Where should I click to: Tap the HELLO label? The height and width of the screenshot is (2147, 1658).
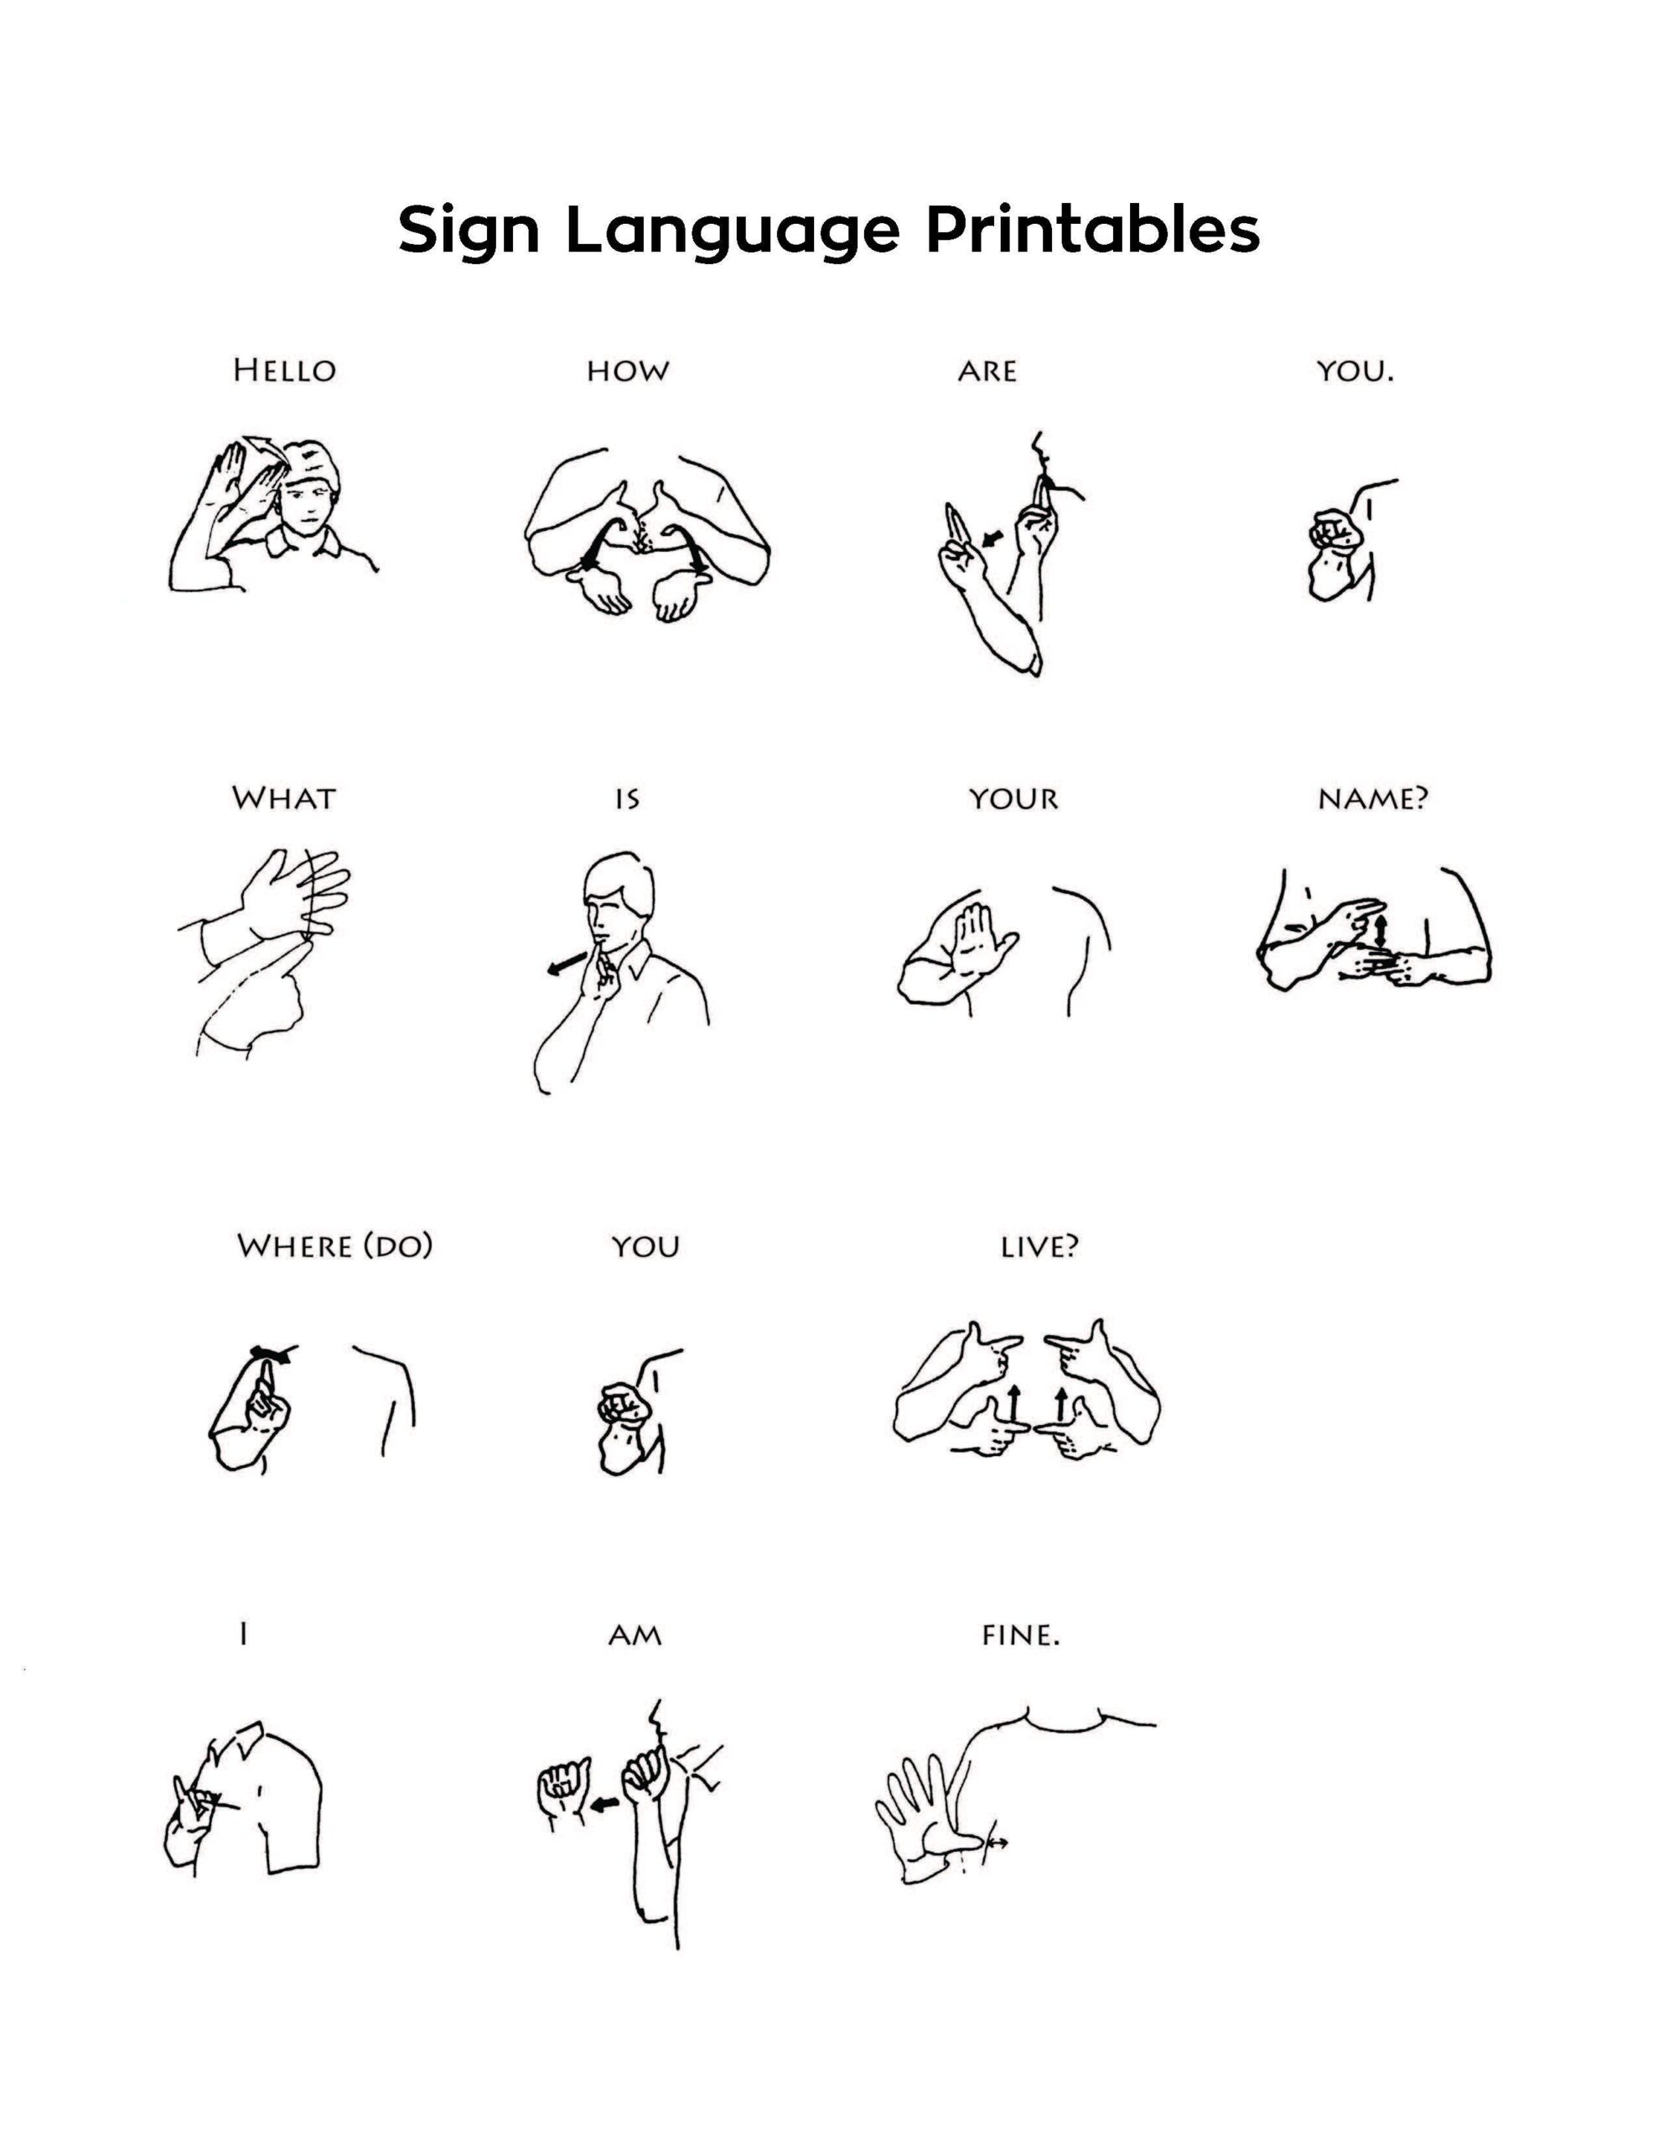pos(284,371)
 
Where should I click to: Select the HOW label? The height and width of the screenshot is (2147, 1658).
pos(627,372)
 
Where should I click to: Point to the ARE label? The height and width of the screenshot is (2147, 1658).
pos(987,372)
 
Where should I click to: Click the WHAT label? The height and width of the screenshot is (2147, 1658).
pos(283,798)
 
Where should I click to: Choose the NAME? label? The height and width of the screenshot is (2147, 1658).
pos(1371,798)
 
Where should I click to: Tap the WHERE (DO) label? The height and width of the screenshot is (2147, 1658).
pos(334,1246)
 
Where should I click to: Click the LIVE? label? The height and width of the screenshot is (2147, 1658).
pos(1039,1246)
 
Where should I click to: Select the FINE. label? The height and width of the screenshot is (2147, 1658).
pos(1020,1635)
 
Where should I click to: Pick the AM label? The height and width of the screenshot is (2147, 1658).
pos(635,1635)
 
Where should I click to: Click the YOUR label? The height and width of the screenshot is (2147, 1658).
pos(1013,798)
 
